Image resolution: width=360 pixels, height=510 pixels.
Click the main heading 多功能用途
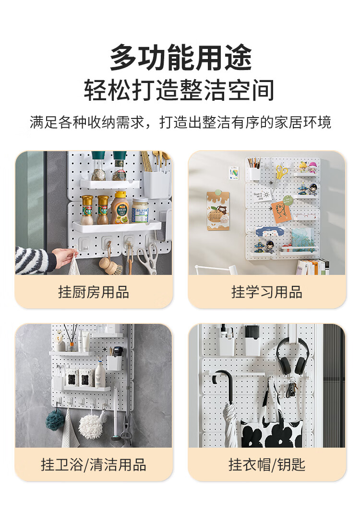(180, 58)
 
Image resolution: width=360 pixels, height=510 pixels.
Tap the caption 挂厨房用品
(94, 292)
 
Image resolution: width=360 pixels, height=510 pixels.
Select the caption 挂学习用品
(267, 292)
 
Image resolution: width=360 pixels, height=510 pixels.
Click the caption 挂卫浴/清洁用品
(94, 464)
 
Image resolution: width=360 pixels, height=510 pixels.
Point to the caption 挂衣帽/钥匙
(267, 464)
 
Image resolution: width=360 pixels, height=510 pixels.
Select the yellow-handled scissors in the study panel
(282, 172)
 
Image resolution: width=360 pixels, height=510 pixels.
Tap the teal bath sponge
(55, 420)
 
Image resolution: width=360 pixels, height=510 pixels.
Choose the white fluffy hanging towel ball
(91, 426)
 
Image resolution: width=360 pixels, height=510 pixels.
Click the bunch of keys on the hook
(291, 388)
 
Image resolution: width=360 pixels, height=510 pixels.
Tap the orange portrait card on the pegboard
(282, 212)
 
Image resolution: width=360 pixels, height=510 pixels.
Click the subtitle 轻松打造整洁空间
(180, 90)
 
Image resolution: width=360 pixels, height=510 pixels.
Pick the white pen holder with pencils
(255, 170)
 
